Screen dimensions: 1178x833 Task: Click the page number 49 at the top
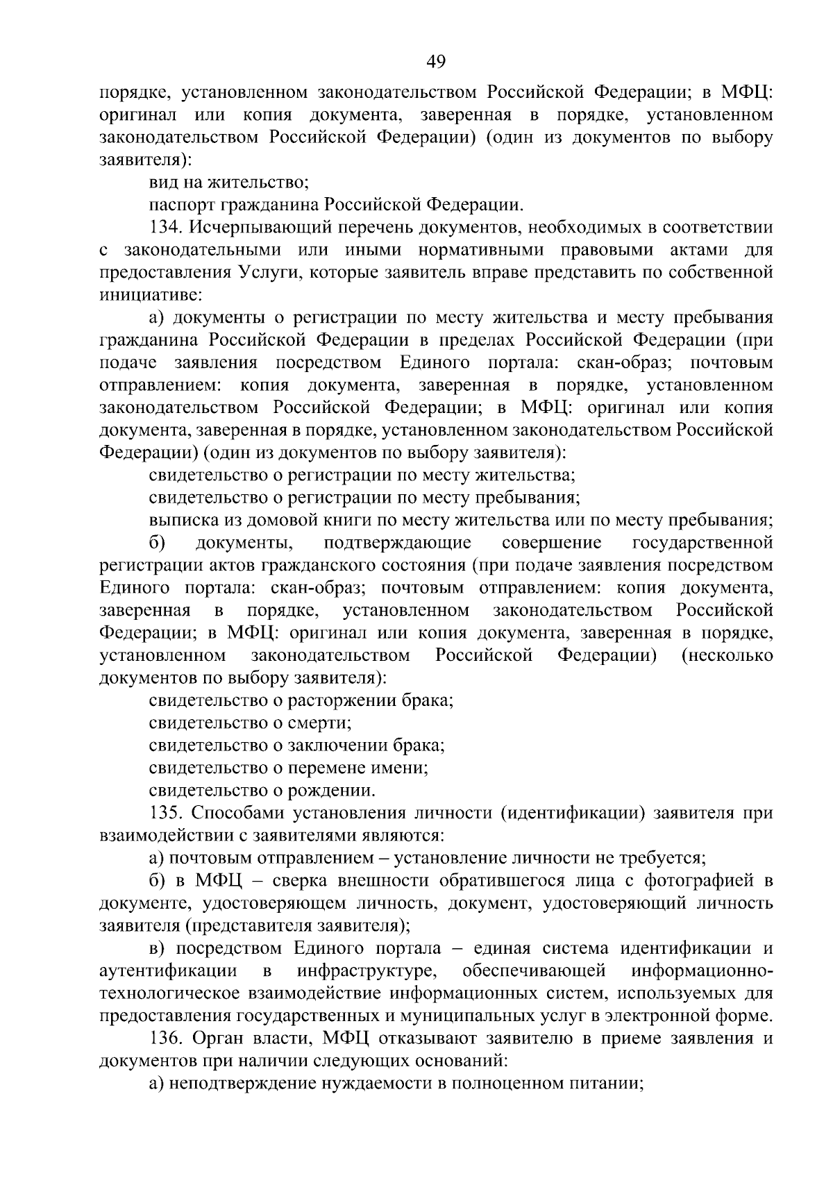coord(435,62)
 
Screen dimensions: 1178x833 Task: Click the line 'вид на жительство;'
coord(228,183)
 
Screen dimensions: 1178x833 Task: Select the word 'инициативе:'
coord(151,295)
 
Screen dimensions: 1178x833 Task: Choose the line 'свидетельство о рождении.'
coord(262,791)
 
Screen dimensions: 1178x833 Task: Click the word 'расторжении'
coord(342,700)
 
